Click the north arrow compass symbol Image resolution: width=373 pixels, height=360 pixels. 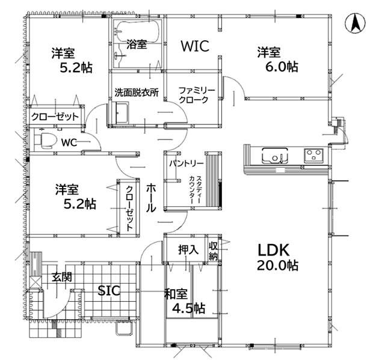pos(355,23)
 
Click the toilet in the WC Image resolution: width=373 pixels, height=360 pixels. pos(46,141)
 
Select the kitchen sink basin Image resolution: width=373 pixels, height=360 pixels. pos(275,156)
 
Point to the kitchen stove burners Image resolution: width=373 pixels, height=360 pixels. pos(313,156)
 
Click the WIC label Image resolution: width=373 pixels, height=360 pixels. pos(195,46)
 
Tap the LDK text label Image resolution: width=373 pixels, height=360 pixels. pos(274,250)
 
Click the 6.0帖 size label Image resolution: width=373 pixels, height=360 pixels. pos(282,67)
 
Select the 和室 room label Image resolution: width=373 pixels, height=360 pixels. pos(176,294)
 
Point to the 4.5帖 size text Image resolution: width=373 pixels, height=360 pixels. pos(188,308)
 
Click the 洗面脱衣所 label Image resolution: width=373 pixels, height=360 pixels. pos(137,93)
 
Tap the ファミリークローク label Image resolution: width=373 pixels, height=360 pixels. pos(197,95)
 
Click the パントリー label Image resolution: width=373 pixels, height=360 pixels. pos(186,163)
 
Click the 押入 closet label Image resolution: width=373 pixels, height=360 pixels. pos(188,250)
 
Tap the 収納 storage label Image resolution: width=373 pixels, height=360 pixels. pos(214,251)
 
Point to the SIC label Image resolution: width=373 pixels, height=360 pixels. pos(109,290)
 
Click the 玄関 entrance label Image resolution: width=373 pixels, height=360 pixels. pos(62,277)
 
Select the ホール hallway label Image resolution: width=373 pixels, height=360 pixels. pos(151,198)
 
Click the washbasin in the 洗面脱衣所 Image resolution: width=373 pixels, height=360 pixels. pos(122,112)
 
